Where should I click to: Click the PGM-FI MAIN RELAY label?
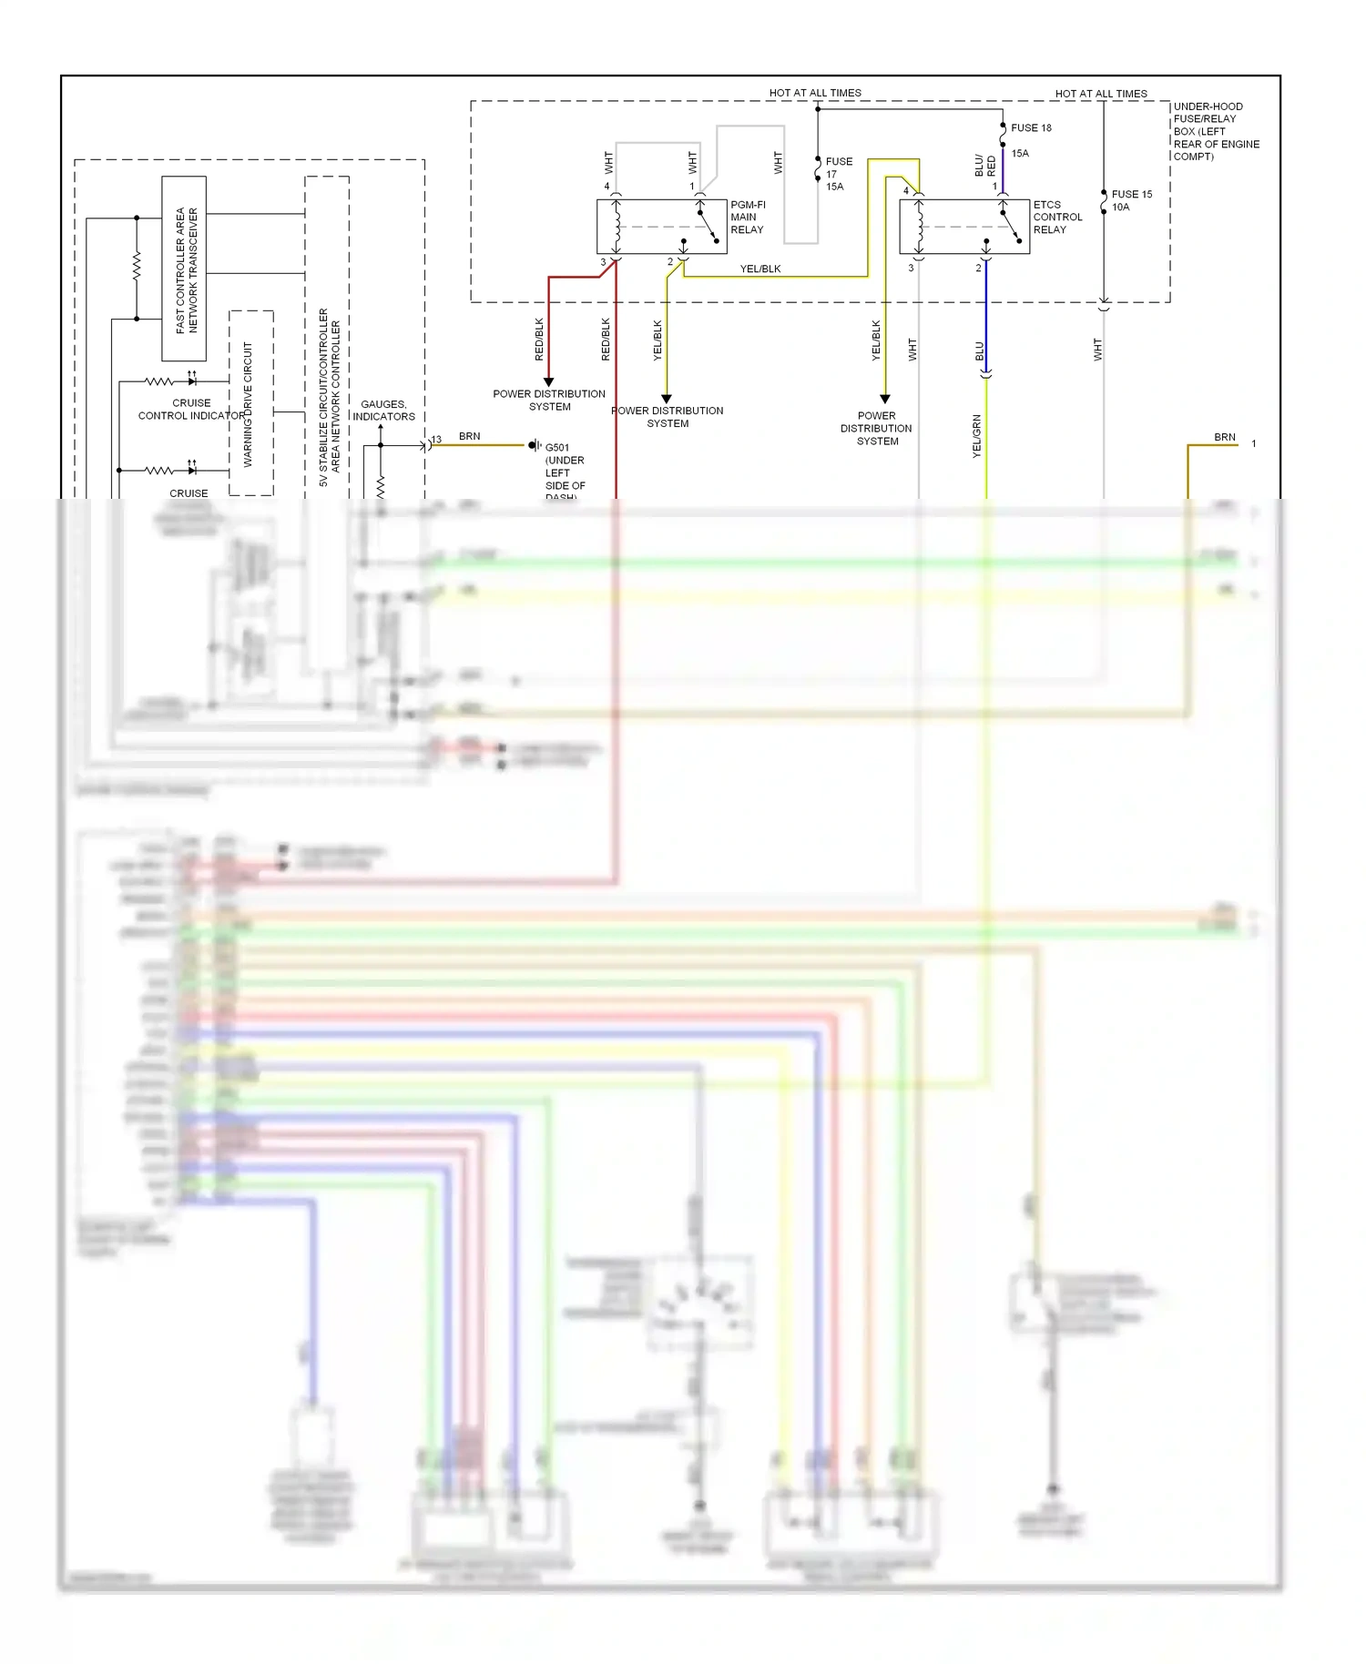pos(747,218)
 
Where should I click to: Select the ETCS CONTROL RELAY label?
pos(1057,218)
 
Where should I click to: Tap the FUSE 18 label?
pos(1031,128)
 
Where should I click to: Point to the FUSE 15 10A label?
pos(1131,200)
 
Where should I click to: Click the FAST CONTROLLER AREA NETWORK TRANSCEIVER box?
pos(185,269)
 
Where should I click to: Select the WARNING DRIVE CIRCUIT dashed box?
pos(250,403)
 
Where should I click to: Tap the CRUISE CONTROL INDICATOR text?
pos(191,410)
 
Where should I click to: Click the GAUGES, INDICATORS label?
pos(383,411)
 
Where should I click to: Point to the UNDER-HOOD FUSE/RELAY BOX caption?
pos(1215,131)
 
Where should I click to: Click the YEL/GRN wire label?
pos(977,435)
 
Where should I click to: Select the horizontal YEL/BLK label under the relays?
pos(759,269)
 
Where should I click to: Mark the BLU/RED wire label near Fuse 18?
pos(984,166)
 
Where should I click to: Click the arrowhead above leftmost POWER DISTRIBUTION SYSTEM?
pos(548,381)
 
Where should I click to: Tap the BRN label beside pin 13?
pos(469,437)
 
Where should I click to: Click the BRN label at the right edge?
pos(1224,438)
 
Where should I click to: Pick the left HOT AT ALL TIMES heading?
pos(814,93)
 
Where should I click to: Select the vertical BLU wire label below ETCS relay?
pos(980,350)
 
